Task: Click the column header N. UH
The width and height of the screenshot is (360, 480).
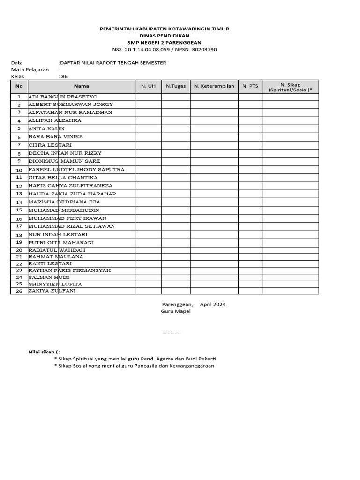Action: [148, 86]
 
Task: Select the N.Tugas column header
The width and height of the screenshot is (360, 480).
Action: [176, 86]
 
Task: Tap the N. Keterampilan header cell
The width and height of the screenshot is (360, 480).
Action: [214, 86]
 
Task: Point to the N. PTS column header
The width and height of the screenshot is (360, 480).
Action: [250, 86]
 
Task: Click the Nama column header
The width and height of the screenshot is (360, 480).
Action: [81, 86]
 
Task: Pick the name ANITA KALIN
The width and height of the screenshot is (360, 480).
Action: [46, 128]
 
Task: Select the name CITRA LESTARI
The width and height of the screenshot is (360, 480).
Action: [50, 145]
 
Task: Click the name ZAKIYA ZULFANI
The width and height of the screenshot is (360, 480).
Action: [52, 291]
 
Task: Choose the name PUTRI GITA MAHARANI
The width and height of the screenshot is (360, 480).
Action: [61, 242]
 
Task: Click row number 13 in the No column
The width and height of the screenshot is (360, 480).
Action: [19, 194]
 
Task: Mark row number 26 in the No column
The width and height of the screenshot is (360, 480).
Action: [19, 291]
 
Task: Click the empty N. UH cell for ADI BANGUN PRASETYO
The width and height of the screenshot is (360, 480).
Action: [148, 97]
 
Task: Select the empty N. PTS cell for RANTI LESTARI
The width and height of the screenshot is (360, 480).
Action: [250, 263]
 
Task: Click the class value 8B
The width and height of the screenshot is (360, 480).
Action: [65, 76]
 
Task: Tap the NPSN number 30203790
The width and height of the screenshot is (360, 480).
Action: [202, 49]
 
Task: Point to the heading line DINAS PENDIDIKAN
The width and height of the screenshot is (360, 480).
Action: [165, 36]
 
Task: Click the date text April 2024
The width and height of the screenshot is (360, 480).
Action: [213, 304]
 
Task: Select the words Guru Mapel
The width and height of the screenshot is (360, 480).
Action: [176, 311]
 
